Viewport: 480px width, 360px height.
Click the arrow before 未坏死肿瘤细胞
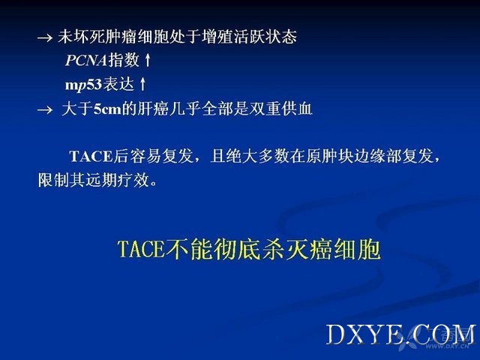click(45, 38)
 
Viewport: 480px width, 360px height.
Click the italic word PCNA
click(86, 60)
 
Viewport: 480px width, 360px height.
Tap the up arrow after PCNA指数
click(148, 60)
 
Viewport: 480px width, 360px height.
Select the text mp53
click(83, 85)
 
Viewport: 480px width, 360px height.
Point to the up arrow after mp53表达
click(142, 84)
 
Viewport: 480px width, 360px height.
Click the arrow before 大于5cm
click(45, 109)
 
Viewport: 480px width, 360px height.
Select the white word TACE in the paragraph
click(91, 156)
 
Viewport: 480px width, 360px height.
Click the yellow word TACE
click(141, 250)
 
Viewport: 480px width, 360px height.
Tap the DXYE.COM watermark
click(400, 334)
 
